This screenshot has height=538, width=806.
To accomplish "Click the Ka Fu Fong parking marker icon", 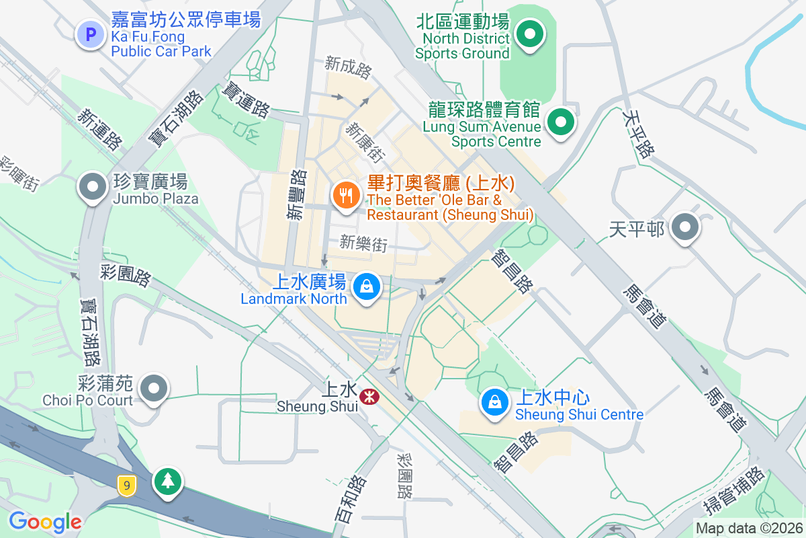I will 90,34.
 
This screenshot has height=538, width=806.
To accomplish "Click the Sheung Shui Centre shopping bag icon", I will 495,403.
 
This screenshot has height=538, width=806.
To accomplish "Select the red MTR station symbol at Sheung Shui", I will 369,397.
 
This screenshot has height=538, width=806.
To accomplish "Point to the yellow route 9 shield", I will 125,486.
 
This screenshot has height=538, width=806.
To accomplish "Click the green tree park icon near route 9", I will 167,482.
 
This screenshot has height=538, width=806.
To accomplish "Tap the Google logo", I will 45,521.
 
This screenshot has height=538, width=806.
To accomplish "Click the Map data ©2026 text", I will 749,529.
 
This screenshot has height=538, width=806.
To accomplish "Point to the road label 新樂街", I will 363,243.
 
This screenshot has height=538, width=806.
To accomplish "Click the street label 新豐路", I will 296,195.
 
